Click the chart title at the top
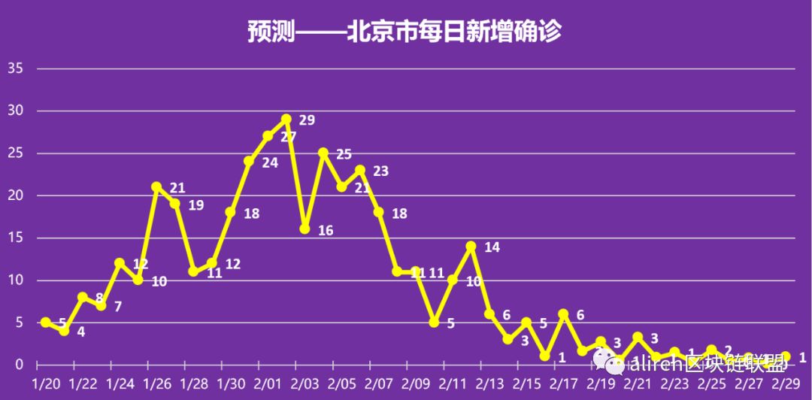click(405, 32)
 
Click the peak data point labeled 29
click(286, 119)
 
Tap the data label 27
click(289, 137)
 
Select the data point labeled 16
click(304, 229)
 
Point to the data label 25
click(344, 154)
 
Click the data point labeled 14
click(471, 246)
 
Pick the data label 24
click(270, 162)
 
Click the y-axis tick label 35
click(16, 68)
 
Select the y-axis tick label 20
click(16, 195)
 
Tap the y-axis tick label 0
click(20, 365)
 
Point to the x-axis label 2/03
click(304, 383)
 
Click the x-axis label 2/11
click(453, 383)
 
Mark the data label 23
click(380, 171)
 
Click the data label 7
click(118, 306)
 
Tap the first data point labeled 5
click(45, 322)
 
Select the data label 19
click(195, 205)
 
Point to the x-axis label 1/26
click(156, 383)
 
